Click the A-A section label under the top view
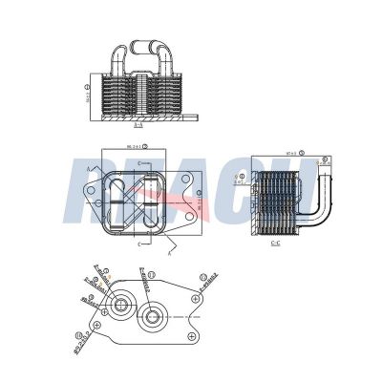click(x=138, y=123)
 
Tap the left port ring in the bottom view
click(x=120, y=308)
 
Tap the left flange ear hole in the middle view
click(x=91, y=201)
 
